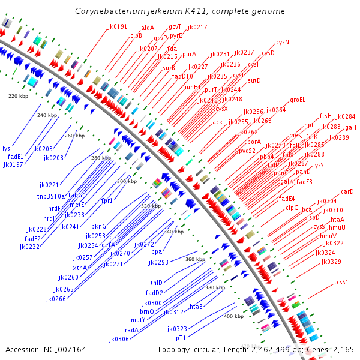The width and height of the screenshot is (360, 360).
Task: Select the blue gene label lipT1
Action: [179, 338]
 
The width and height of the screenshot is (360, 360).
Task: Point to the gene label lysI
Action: [7, 148]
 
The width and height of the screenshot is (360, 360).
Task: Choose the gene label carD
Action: [347, 192]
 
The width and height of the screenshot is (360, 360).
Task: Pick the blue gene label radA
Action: [131, 329]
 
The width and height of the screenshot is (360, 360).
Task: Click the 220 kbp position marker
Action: [18, 96]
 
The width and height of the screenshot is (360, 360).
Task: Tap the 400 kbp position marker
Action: [234, 316]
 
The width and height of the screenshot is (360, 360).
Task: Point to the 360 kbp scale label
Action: [196, 259]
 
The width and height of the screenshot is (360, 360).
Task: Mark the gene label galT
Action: [351, 128]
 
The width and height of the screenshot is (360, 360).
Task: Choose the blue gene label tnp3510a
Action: [51, 196]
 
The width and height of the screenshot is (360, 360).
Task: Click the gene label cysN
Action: [283, 43]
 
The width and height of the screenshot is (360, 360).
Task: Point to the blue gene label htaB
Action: [196, 307]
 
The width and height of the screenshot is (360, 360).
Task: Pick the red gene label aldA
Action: [147, 28]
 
